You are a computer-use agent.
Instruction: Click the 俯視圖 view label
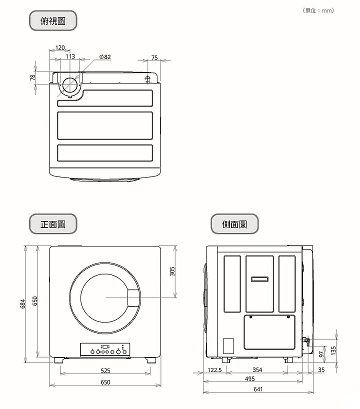53,20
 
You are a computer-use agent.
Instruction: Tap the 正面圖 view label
53,224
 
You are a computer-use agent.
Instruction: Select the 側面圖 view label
234,224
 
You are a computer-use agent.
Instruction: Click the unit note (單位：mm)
318,10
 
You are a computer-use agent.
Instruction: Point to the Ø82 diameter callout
105,57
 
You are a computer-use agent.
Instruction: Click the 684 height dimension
23,303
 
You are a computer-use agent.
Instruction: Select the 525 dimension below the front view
105,370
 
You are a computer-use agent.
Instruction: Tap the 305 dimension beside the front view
172,271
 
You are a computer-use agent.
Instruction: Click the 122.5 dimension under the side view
214,370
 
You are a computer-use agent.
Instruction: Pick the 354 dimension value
257,369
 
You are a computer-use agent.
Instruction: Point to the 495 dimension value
249,378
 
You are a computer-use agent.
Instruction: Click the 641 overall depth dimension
258,389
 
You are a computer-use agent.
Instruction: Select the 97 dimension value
321,354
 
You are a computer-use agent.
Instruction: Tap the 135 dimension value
333,350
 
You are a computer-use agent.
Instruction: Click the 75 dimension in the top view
154,57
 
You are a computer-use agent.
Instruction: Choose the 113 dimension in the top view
70,56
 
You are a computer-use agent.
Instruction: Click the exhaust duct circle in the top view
62,85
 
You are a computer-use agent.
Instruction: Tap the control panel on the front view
105,349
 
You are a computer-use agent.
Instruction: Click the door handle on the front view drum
134,298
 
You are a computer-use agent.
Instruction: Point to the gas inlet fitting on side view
306,340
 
